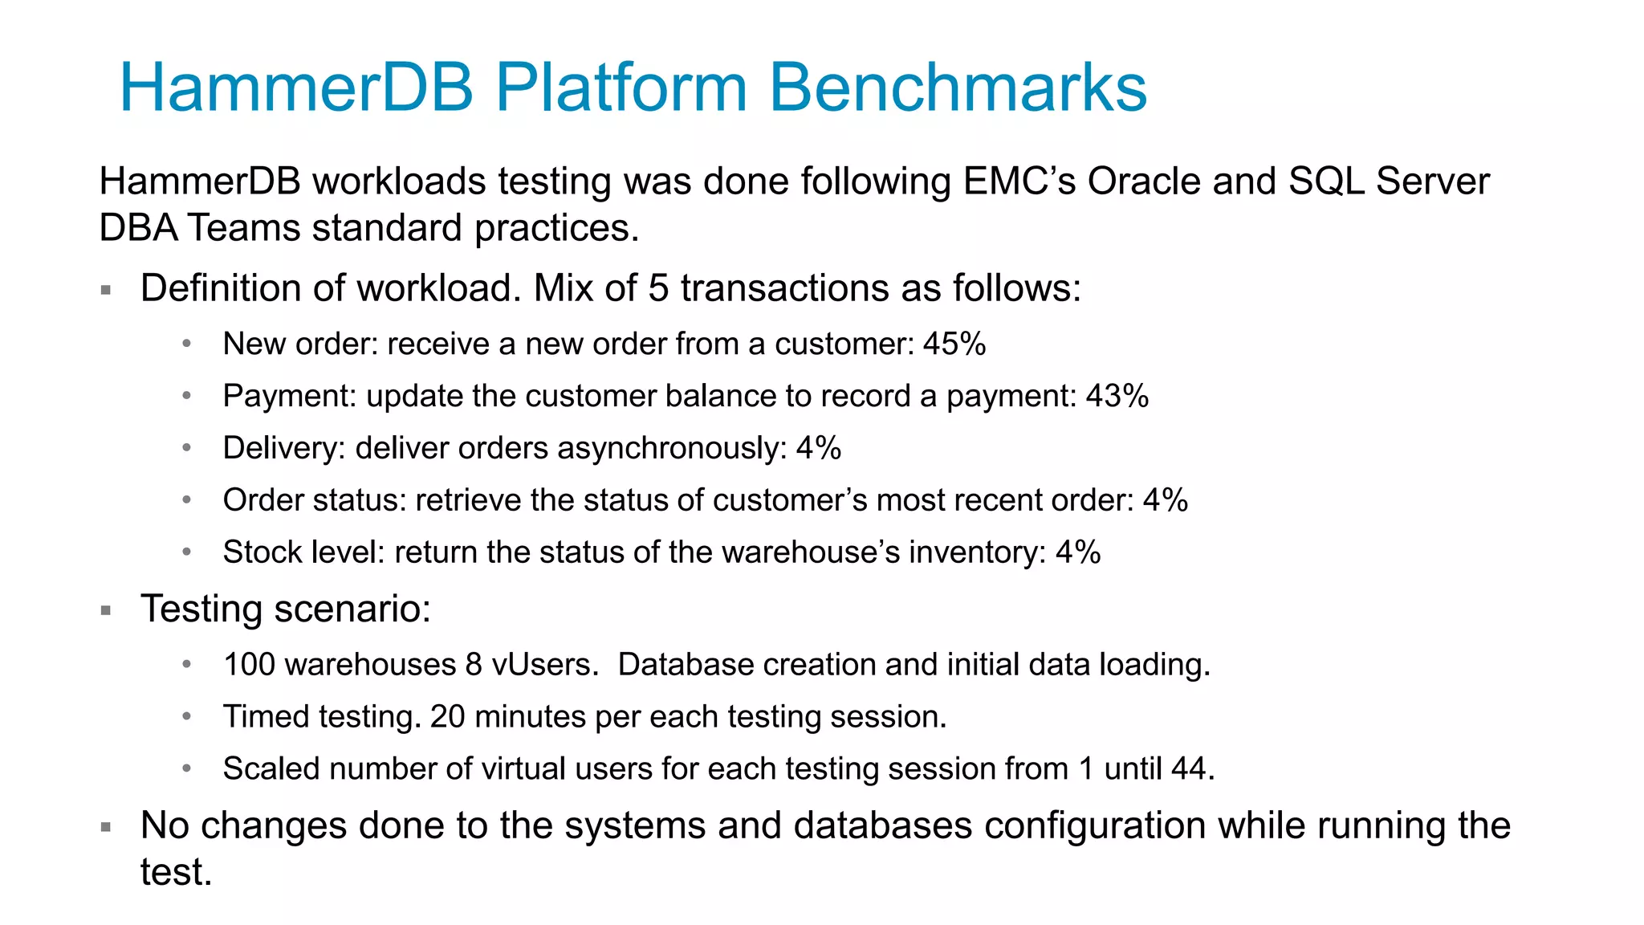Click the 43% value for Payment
pos(1117,396)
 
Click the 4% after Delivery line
pos(818,448)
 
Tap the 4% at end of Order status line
pos(1165,500)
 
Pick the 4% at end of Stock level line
pos(1077,552)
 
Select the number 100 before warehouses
pos(249,665)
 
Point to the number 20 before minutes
pos(447,717)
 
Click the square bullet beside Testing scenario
pos(106,610)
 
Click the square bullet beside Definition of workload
pos(106,290)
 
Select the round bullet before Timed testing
pos(186,716)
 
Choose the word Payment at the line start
pos(289,396)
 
